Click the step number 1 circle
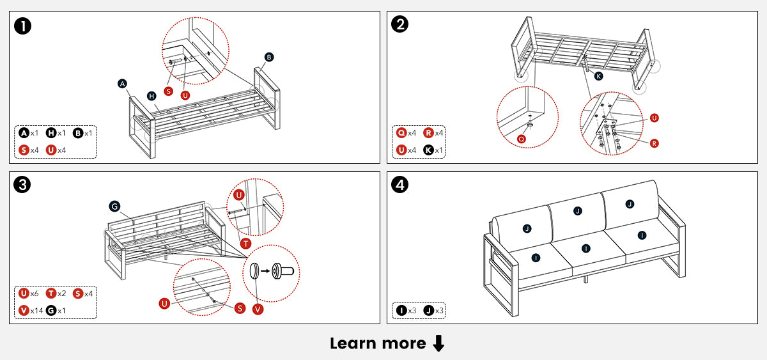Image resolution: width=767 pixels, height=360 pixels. [23, 26]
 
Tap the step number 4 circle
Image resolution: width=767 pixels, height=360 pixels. [400, 185]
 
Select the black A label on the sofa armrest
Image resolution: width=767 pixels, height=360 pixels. [123, 84]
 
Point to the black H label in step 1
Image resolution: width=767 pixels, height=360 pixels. [151, 96]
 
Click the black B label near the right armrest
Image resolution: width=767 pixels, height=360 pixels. [269, 57]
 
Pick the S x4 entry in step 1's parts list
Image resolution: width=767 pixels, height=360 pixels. [29, 150]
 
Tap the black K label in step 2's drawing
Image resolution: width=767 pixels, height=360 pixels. [598, 76]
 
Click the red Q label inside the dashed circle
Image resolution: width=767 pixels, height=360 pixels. [522, 138]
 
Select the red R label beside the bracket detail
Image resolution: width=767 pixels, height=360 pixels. [654, 144]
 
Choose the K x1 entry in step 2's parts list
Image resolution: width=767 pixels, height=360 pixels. [433, 150]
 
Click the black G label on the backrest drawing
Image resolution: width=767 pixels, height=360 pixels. [114, 206]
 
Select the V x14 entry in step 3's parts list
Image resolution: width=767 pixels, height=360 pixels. [29, 310]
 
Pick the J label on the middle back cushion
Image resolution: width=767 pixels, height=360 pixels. [578, 211]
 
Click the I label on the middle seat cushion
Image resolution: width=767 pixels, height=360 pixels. [585, 248]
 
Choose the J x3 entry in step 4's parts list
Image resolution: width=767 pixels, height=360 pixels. [433, 310]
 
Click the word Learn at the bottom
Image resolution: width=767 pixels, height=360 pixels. [352, 343]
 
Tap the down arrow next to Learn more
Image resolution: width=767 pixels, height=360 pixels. [438, 344]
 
